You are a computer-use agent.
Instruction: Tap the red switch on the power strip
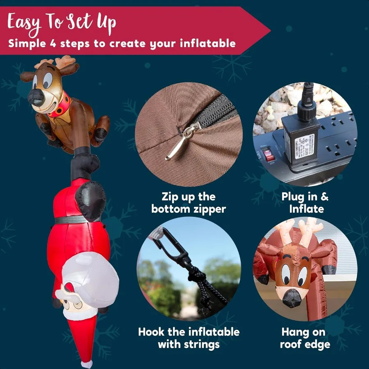[x=268, y=155]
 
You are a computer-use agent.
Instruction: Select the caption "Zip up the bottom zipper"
[x=189, y=203]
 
